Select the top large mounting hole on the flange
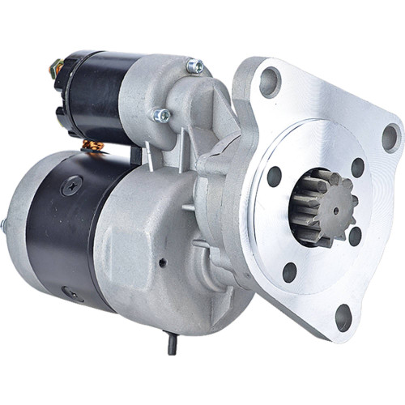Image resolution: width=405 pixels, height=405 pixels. (x=270, y=80)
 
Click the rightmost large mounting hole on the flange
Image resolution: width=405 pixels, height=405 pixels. (x=390, y=138)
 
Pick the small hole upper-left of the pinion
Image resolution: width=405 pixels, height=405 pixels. (x=274, y=177)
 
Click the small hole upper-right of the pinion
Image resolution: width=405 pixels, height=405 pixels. (x=357, y=168)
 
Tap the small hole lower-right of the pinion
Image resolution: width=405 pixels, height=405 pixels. (x=355, y=236)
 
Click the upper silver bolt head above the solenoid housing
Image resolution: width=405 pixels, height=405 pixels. (x=194, y=66)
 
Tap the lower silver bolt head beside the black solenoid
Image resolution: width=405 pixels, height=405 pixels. (x=161, y=116)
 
